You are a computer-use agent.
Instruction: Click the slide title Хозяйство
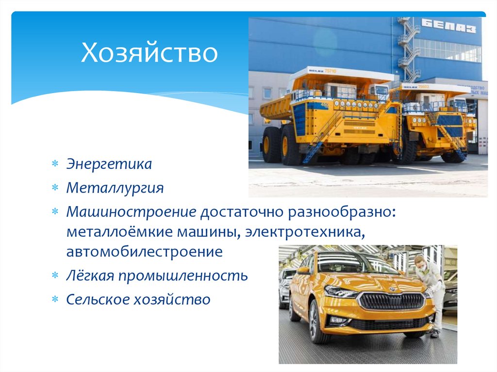[149, 54]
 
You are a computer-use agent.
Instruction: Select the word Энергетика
[109, 164]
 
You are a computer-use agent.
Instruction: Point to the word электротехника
[304, 232]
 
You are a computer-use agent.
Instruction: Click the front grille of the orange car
[391, 301]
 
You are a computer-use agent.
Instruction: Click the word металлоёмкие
[115, 232]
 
